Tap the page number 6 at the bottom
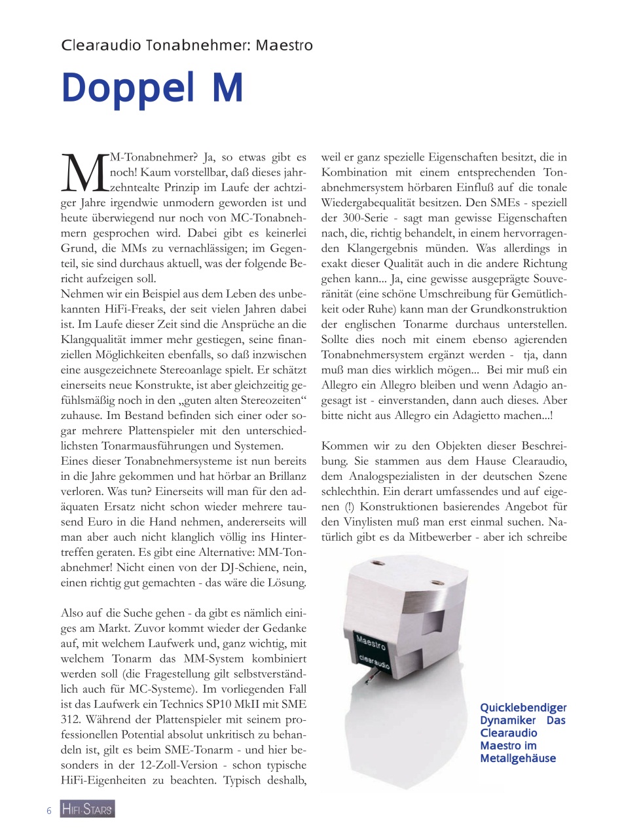pyautogui.click(x=49, y=811)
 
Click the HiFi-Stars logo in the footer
pyautogui.click(x=87, y=809)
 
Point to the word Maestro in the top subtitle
pyautogui.click(x=284, y=45)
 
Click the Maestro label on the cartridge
pyautogui.click(x=371, y=641)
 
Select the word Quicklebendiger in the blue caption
pyautogui.click(x=523, y=708)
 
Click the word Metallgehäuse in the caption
pyautogui.click(x=517, y=758)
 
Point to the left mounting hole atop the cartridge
pyautogui.click(x=378, y=564)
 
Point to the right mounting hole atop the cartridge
pyautogui.click(x=437, y=575)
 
